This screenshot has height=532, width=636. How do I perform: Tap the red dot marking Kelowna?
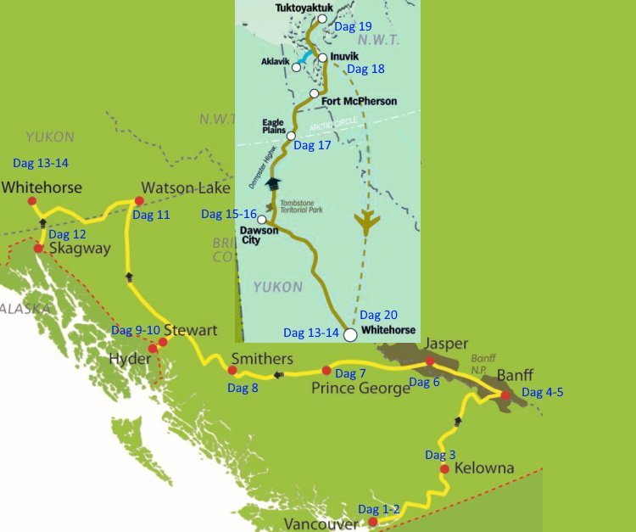444,469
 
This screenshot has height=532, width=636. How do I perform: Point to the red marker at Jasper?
430,361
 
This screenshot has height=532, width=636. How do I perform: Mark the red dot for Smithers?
232,370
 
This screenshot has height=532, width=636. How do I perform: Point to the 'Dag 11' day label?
151,215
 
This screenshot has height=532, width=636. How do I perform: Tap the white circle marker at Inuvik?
322,58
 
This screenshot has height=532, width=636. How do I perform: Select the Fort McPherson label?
360,101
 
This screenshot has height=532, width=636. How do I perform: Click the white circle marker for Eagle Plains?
291,136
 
